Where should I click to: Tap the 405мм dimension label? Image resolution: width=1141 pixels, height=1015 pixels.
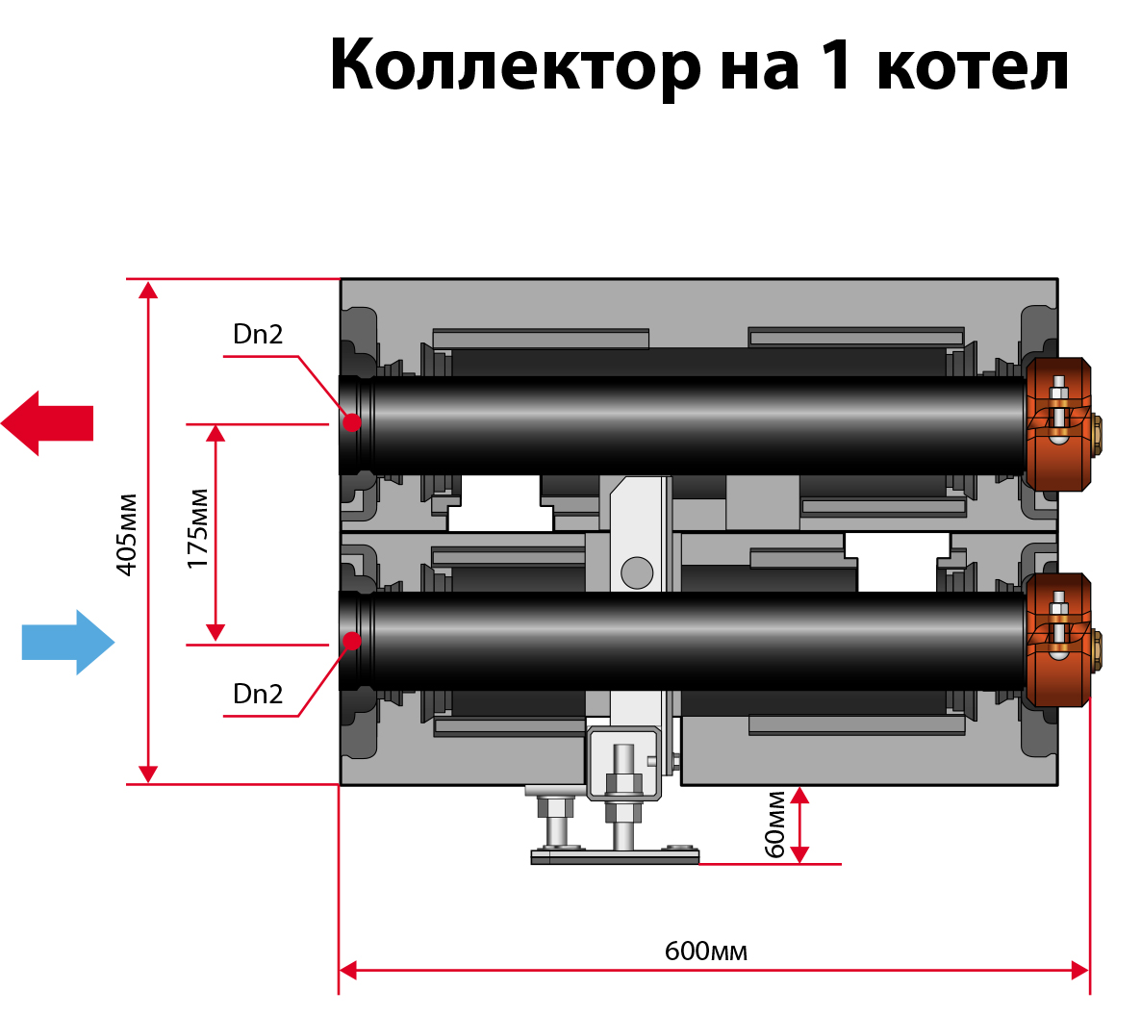coord(127,534)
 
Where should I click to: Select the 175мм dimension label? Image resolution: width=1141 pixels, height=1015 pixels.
coord(197,529)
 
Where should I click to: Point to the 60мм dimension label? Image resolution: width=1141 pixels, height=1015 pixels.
coord(775,825)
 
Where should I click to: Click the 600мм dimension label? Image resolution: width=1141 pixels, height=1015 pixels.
coord(705,952)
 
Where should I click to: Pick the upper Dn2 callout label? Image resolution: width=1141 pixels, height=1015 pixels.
coord(258,335)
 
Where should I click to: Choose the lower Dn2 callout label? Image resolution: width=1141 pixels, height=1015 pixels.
coord(258,695)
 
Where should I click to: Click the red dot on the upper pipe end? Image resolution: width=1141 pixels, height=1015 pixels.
coord(352,422)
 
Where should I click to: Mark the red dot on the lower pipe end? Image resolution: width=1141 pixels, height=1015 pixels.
coord(352,640)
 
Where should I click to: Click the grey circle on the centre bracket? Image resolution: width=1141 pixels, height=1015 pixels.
coord(637,572)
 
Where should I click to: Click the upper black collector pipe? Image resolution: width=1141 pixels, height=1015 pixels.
coord(693,423)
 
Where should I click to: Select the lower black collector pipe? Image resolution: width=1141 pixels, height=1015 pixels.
coord(693,640)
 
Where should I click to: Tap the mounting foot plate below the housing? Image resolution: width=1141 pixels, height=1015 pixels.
coord(616,856)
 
